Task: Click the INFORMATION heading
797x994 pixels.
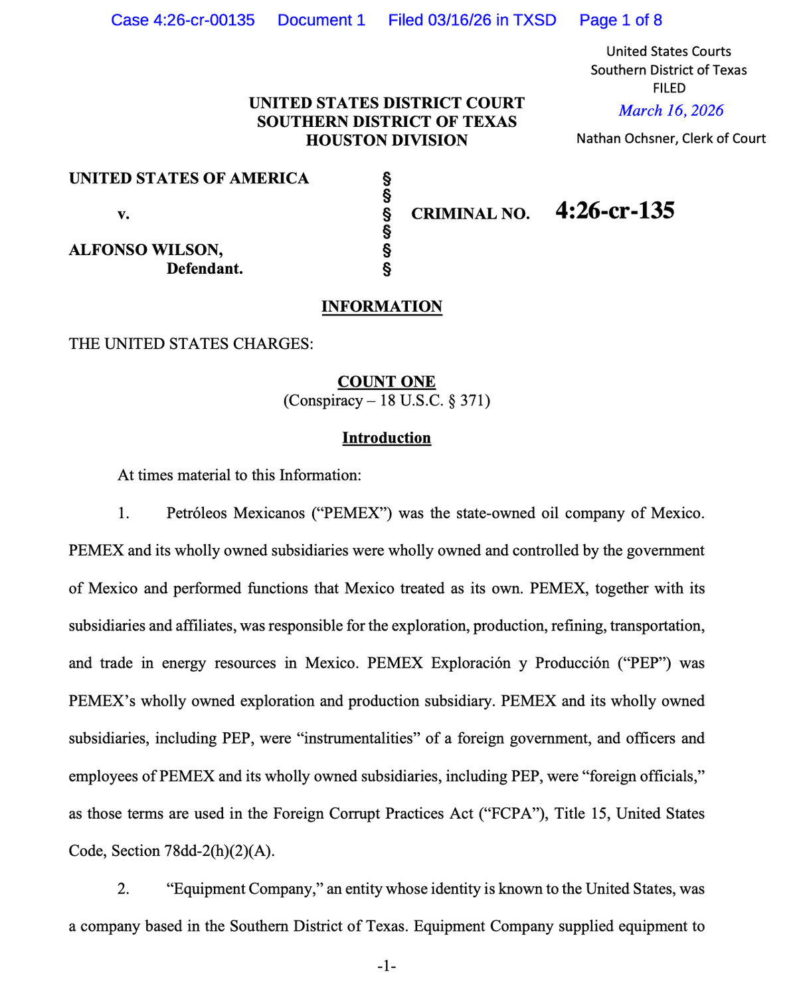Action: [382, 306]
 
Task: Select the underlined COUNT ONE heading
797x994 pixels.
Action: [387, 381]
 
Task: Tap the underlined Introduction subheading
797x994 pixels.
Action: [387, 438]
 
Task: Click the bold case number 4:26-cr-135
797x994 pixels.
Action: [615, 211]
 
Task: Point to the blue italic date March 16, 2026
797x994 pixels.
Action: [671, 111]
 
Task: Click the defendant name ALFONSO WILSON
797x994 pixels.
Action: [145, 250]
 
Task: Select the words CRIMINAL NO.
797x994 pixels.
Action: [470, 214]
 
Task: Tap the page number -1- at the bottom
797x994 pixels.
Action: [387, 966]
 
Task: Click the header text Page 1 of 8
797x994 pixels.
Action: [620, 20]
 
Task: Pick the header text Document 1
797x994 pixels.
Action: [321, 20]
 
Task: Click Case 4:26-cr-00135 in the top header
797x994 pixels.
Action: [183, 20]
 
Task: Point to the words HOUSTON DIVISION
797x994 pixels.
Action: [387, 140]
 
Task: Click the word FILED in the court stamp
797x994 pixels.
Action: [669, 88]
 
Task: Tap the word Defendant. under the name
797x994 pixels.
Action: [205, 268]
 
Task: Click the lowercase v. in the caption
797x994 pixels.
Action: [124, 214]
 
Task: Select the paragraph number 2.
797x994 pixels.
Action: [124, 888]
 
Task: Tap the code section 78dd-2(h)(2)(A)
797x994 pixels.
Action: [219, 851]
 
